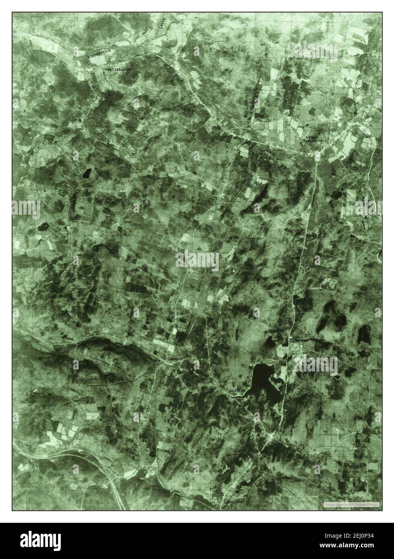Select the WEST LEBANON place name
(x=118, y=70)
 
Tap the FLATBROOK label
(x=233, y=502)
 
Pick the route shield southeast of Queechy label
(x=251, y=416)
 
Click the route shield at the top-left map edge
(x=15, y=37)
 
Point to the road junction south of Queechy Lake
(x=272, y=437)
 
